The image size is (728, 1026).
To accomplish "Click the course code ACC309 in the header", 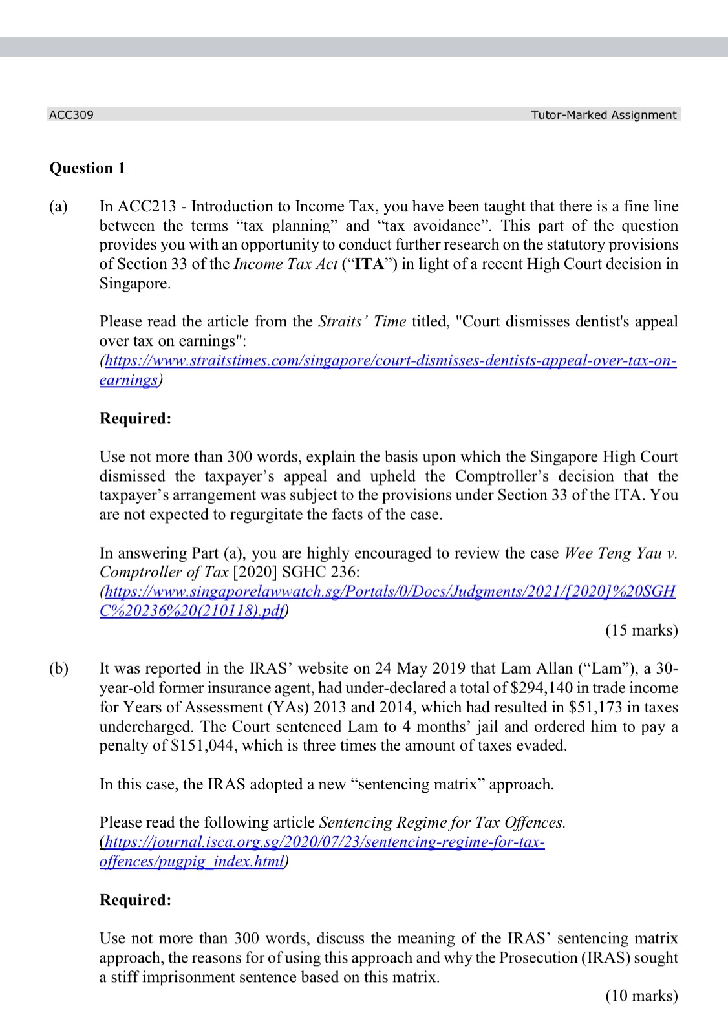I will (71, 115).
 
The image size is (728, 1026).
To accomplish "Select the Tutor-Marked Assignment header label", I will (603, 115).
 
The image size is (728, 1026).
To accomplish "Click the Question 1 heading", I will (87, 168).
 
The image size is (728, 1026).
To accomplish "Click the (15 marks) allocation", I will (641, 630).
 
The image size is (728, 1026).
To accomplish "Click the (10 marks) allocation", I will (641, 996).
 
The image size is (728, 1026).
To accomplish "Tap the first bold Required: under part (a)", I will (135, 419).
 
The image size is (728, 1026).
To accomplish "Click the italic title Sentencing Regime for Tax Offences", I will (442, 823).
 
